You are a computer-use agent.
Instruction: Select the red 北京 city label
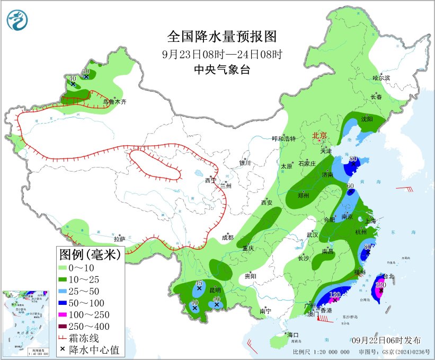pyautogui.click(x=319, y=135)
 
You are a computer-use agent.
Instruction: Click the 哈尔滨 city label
pyautogui.click(x=381, y=78)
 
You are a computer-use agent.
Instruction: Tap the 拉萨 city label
pyautogui.click(x=120, y=239)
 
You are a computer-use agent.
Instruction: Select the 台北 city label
pyautogui.click(x=388, y=276)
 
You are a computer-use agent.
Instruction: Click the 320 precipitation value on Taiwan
pyautogui.click(x=380, y=285)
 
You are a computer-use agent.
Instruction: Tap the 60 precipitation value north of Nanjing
pyautogui.click(x=350, y=186)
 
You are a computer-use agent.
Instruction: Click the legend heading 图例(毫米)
pyautogui.click(x=89, y=255)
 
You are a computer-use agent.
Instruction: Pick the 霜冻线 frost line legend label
pyautogui.click(x=93, y=338)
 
